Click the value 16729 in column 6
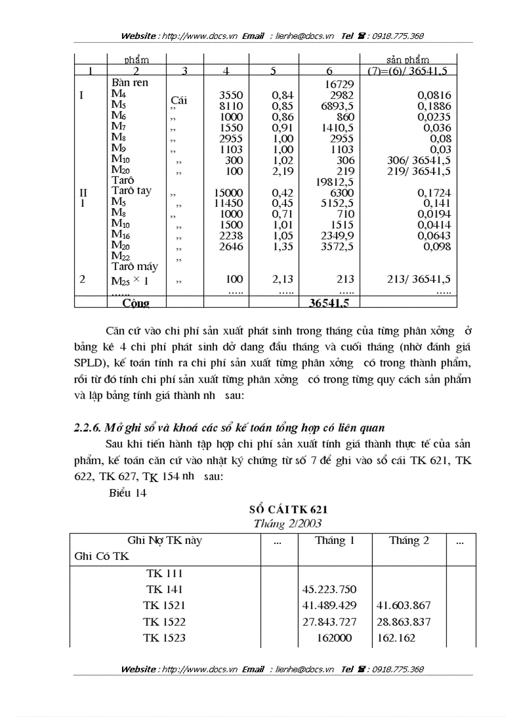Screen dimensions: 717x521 pos(340,84)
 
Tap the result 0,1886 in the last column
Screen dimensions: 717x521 pos(434,106)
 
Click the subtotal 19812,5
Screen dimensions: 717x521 pos(335,182)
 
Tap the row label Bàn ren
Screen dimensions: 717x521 pos(130,83)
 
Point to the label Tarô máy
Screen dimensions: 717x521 pos(135,266)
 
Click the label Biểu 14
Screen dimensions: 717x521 pos(128,493)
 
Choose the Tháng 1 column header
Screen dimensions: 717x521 pos(335,541)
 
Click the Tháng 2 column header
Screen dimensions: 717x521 pos(409,541)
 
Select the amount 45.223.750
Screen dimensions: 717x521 pos(329,589)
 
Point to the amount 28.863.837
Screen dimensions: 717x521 pos(404,621)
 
